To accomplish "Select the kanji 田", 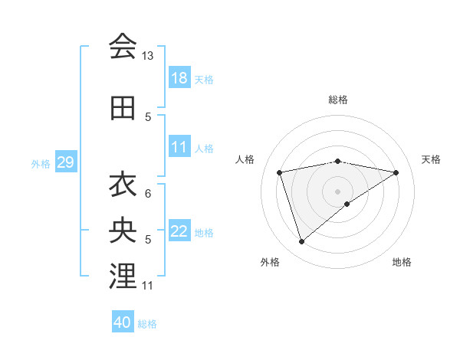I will (x=123, y=108).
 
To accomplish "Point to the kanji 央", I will (x=123, y=230).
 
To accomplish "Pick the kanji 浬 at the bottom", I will (x=123, y=277).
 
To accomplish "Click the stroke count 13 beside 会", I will (x=148, y=56).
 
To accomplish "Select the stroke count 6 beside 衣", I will (x=148, y=193).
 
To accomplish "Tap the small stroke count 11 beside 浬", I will (x=148, y=286).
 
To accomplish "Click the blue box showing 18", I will (x=179, y=77).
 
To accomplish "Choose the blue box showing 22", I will (x=179, y=231).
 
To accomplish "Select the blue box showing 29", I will (x=65, y=162).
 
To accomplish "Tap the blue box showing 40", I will (x=123, y=322).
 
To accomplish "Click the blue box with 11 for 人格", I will (x=179, y=147).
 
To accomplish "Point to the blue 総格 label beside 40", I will (x=148, y=324).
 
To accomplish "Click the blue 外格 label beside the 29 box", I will (x=41, y=163).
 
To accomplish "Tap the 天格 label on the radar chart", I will (x=431, y=159).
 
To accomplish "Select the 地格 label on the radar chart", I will (x=402, y=262).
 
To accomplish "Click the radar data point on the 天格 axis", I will (x=396, y=172).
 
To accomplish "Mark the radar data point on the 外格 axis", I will (x=301, y=242).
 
